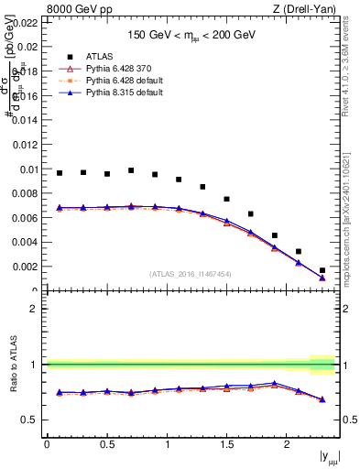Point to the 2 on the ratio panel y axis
tap(34, 309)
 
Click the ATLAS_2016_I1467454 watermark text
tap(191, 274)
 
